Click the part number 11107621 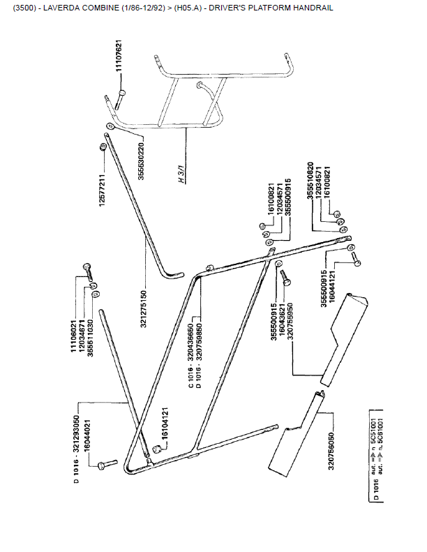(119, 61)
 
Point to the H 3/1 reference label (180, 172)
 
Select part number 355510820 (310, 184)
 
